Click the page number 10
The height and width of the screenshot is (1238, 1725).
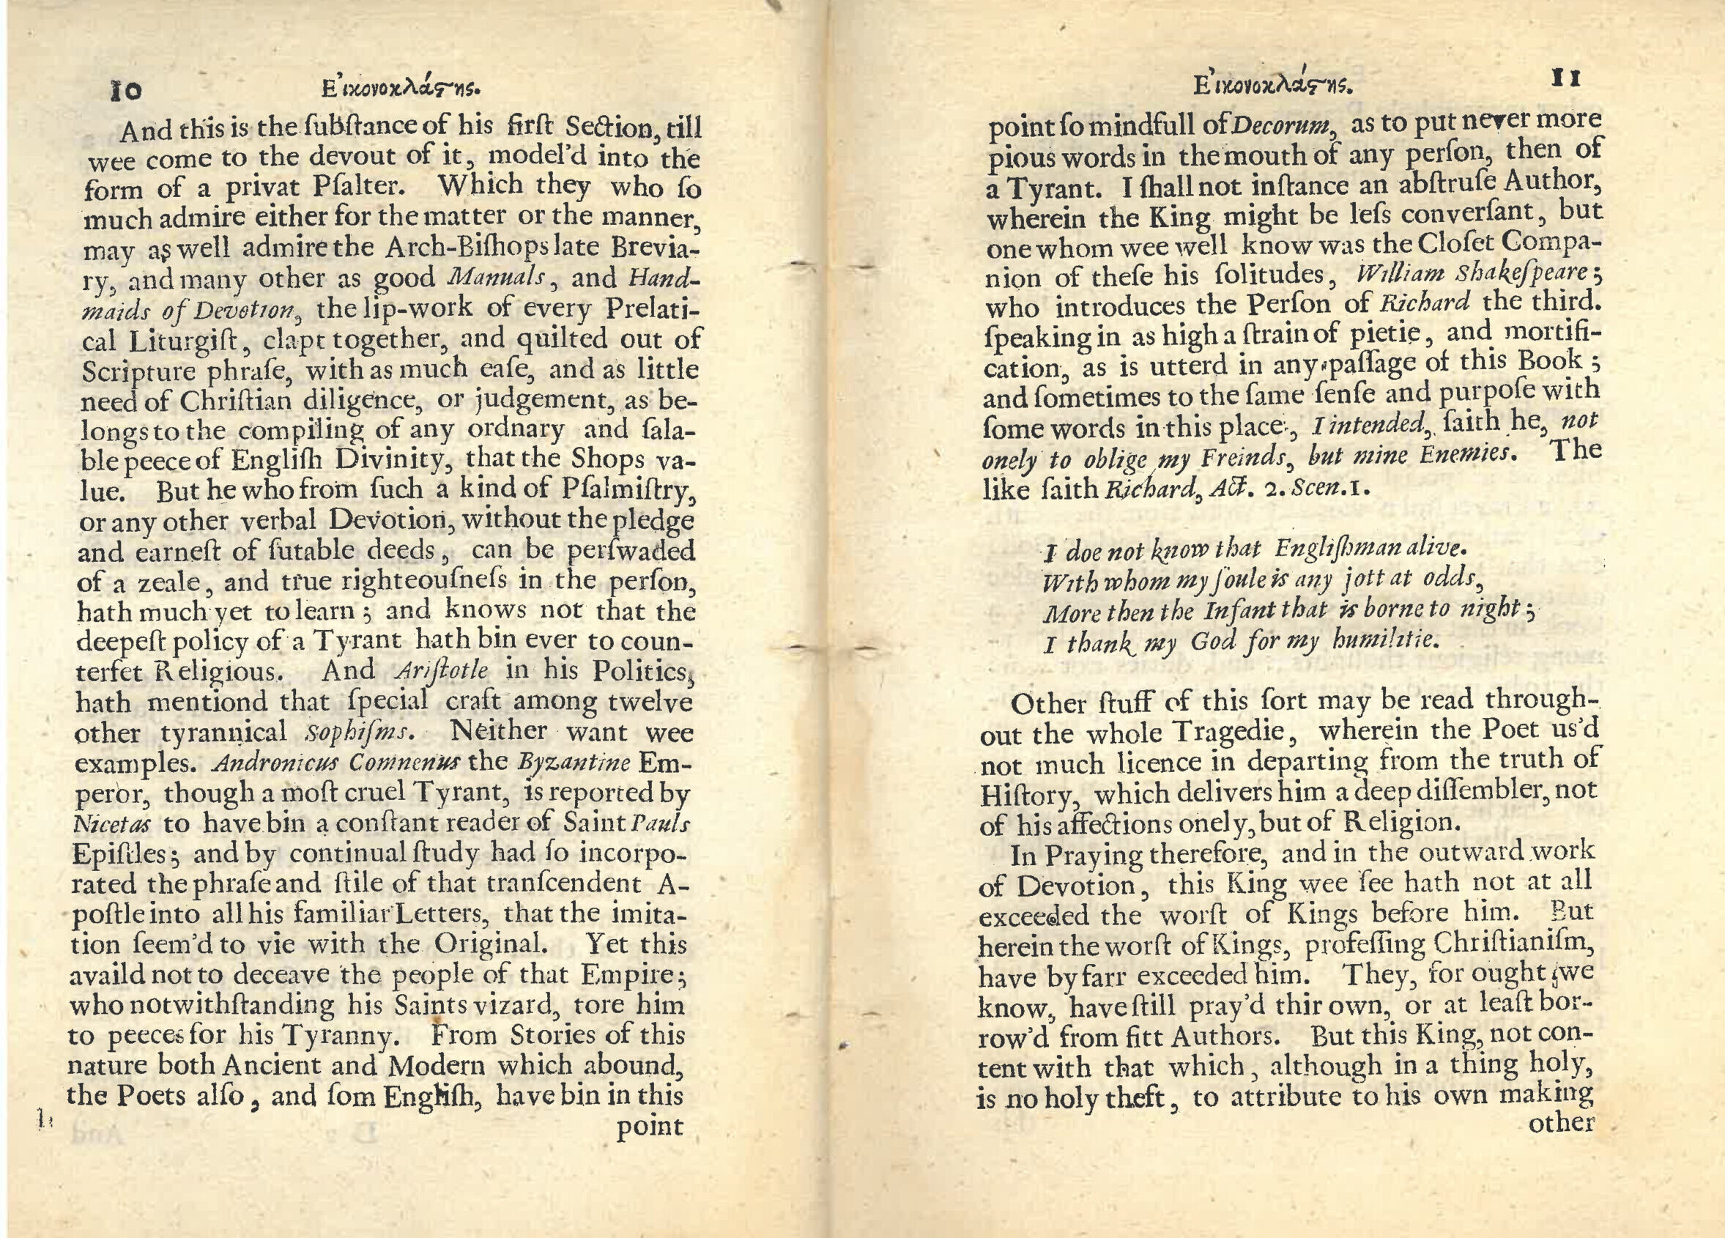(x=126, y=92)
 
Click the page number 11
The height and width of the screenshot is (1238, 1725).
(x=1565, y=78)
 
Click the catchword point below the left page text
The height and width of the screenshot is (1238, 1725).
(x=650, y=1127)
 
